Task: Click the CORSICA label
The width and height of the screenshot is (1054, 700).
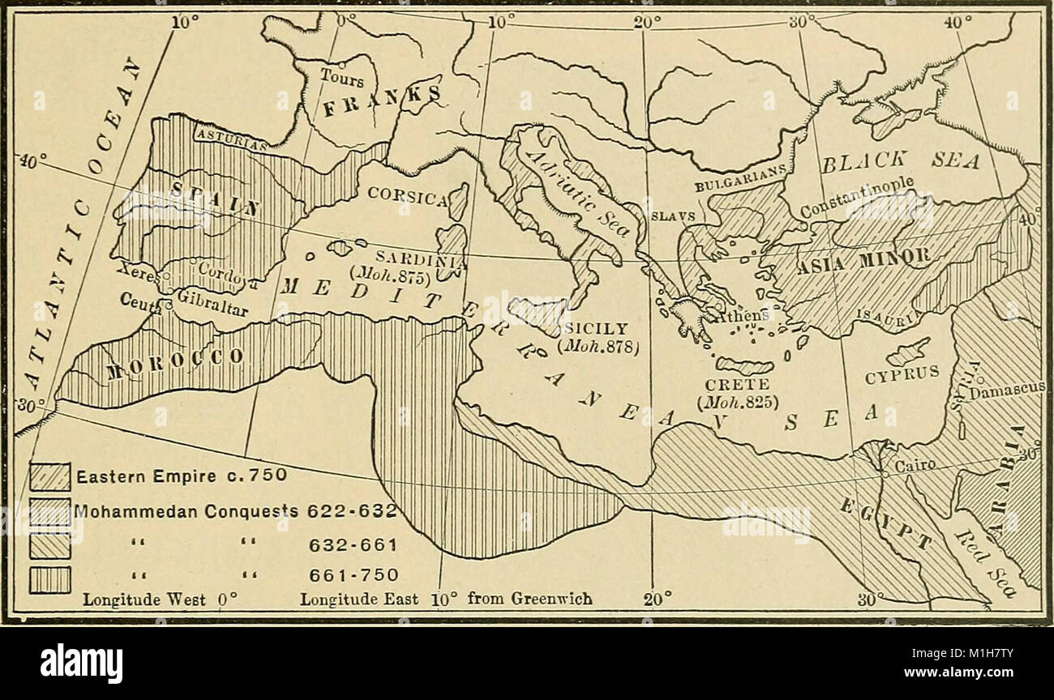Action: (x=408, y=195)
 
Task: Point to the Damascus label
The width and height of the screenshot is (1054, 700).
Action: (x=1009, y=391)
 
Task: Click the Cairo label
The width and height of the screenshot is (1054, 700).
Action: (x=916, y=466)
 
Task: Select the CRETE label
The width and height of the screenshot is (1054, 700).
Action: (x=725, y=384)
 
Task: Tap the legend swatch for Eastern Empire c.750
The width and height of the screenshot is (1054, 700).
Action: (x=50, y=476)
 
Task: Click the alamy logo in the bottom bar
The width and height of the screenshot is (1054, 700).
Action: (x=81, y=664)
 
